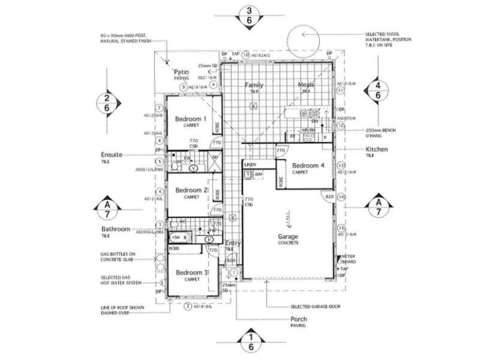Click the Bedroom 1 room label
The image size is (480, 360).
190,119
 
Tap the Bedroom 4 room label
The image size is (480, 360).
308,165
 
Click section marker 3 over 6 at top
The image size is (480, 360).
250,15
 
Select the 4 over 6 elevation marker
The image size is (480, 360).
378,89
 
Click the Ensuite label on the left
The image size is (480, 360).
112,154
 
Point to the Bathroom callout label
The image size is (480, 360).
115,229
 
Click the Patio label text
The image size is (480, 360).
182,71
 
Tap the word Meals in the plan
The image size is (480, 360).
306,85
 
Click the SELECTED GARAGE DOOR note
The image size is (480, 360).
315,306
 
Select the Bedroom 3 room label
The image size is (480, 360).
191,272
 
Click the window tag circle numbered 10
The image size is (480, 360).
245,55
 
